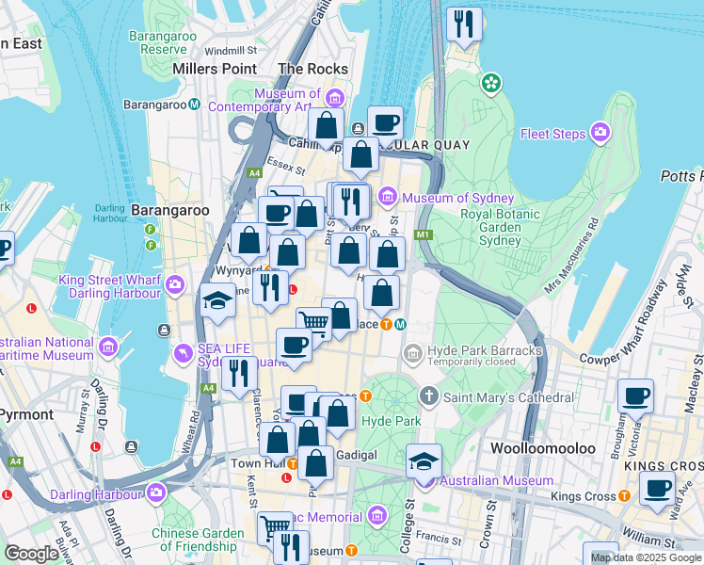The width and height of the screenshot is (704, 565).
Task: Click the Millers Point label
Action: pos(215,69)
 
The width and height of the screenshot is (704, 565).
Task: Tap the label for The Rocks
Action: pos(313,69)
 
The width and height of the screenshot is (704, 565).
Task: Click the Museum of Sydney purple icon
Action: pos(388,198)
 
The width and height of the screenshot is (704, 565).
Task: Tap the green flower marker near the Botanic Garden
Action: pos(490,84)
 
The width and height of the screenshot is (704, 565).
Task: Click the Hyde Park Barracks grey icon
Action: pos(412,354)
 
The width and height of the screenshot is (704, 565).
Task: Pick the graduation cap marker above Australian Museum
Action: pos(424,461)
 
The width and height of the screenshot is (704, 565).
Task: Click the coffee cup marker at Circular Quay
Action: pos(385,122)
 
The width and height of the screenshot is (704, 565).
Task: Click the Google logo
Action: pos(31,554)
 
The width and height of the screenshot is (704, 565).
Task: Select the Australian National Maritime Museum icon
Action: pos(108,347)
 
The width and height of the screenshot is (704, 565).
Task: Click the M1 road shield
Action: pos(422,234)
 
